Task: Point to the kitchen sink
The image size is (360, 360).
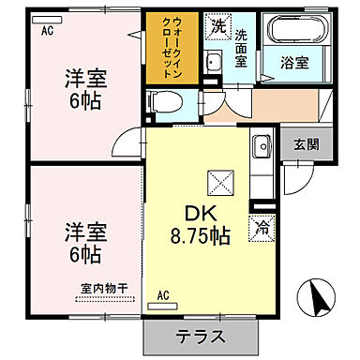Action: pyautogui.click(x=262, y=146)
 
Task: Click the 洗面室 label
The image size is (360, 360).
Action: pyautogui.click(x=242, y=49)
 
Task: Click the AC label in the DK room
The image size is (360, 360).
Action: pyautogui.click(x=163, y=296)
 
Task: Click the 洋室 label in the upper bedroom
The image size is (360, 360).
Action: pyautogui.click(x=84, y=77)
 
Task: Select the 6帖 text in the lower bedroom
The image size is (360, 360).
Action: pyautogui.click(x=84, y=253)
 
